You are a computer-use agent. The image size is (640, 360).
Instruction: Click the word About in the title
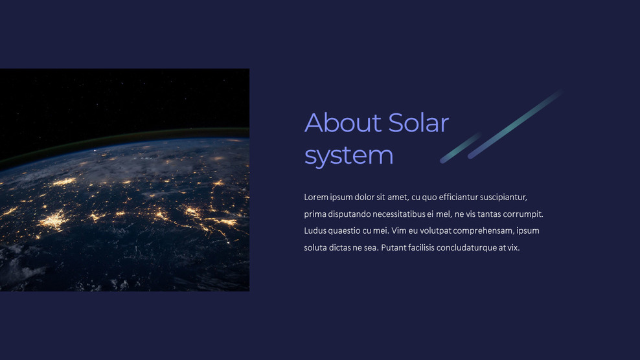pyautogui.click(x=343, y=122)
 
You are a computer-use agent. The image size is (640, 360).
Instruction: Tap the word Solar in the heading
pyautogui.click(x=418, y=122)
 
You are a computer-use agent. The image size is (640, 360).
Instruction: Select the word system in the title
pyautogui.click(x=349, y=155)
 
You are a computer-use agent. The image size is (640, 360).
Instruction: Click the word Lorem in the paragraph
pyautogui.click(x=316, y=197)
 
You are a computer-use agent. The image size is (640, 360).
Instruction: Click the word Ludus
pyautogui.click(x=315, y=231)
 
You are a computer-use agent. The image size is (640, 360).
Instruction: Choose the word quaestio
pyautogui.click(x=350, y=231)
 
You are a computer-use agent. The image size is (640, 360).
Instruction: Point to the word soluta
pyautogui.click(x=315, y=247)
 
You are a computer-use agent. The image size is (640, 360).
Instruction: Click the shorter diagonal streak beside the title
pyautogui.click(x=461, y=148)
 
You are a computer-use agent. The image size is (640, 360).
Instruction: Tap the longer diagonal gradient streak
pyautogui.click(x=515, y=124)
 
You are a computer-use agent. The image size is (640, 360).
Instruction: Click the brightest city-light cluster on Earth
pyautogui.click(x=54, y=220)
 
